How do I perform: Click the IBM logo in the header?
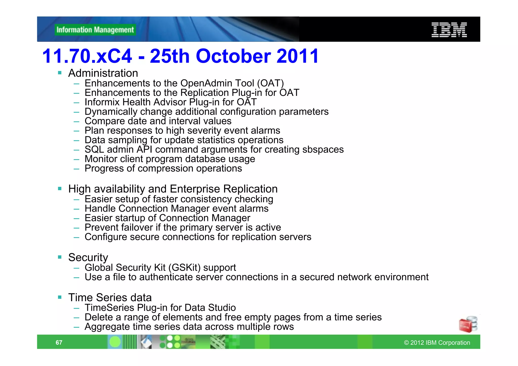[x=449, y=30]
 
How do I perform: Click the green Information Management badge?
[x=95, y=30]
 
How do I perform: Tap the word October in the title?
[x=233, y=56]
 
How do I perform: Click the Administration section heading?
[x=103, y=73]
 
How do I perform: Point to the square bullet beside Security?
[x=60, y=257]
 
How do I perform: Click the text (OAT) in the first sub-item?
[x=270, y=83]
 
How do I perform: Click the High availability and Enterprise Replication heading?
[x=173, y=189]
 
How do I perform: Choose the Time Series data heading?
[x=110, y=297]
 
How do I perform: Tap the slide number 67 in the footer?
[x=59, y=342]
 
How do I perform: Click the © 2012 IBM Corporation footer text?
[x=437, y=343]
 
